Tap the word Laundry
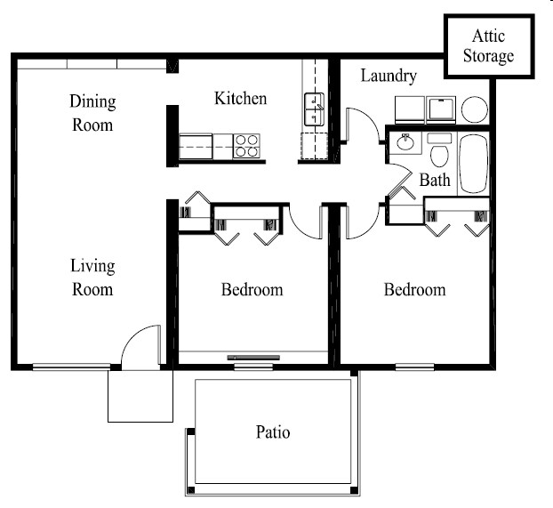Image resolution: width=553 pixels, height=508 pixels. point(389,77)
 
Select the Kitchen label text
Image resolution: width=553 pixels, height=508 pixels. point(240,98)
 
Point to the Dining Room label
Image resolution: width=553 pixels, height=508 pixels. point(92,113)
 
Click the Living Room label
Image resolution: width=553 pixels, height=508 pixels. point(92,278)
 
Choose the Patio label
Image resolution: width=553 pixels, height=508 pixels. point(273,433)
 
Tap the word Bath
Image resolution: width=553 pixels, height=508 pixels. point(435,181)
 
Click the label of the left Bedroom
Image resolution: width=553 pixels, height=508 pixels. point(252,290)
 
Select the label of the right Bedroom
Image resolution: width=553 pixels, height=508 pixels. point(414,290)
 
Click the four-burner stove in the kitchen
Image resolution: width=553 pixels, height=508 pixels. point(246,146)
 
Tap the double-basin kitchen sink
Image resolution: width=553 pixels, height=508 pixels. point(315,110)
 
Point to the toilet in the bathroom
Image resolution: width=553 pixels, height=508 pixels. point(438,153)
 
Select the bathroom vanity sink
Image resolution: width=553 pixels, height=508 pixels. point(405,145)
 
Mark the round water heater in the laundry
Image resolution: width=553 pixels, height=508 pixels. point(475,110)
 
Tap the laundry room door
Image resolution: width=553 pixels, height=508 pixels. point(359,125)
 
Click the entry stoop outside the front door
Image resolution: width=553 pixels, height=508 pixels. point(140,395)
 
